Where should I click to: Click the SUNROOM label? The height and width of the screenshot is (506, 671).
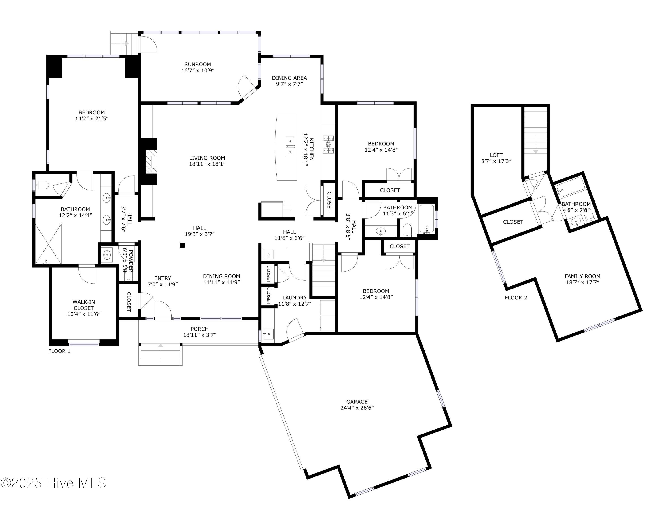[x=197, y=64]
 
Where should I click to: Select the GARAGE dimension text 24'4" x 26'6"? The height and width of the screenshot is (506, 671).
[x=357, y=408]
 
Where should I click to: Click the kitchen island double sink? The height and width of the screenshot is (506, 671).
[x=290, y=146]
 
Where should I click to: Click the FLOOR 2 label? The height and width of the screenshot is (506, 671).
[x=516, y=298]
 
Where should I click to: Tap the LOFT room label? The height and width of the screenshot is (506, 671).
[x=496, y=155]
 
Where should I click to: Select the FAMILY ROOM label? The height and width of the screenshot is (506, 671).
[x=582, y=276]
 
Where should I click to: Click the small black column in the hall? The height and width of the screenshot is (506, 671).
[x=182, y=245]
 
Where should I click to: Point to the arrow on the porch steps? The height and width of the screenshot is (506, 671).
[x=160, y=346]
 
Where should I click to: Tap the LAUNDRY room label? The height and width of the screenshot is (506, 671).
[x=294, y=298]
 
